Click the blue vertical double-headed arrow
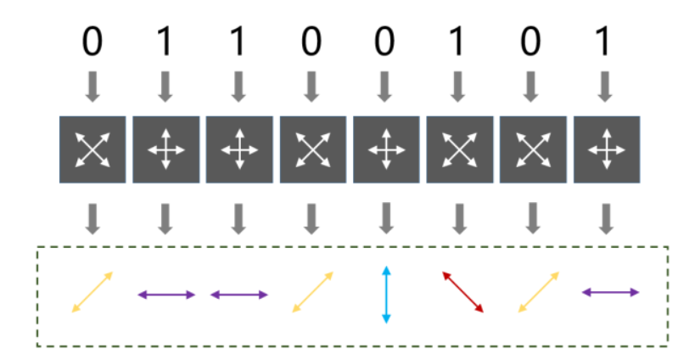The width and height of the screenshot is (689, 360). [x=386, y=295]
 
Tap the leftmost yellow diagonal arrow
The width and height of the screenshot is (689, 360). [x=92, y=292]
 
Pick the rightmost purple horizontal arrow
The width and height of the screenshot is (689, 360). [x=610, y=292]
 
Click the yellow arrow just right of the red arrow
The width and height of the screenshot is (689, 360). [x=539, y=292]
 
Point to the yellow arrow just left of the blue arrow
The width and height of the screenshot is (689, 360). [x=313, y=292]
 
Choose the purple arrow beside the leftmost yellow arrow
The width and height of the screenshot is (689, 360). [x=166, y=295]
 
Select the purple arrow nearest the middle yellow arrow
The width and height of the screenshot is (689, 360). [x=239, y=295]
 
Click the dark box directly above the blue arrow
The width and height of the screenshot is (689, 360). [x=386, y=149]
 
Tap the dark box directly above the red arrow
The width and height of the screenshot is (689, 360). [x=459, y=149]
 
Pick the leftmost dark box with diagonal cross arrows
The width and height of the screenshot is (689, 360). [x=92, y=149]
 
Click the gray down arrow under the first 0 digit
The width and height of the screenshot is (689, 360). [x=92, y=85]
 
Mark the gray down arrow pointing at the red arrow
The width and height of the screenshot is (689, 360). [x=459, y=218]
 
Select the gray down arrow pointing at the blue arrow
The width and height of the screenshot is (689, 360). [x=386, y=218]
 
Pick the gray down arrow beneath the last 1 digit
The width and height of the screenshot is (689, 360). [x=605, y=85]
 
